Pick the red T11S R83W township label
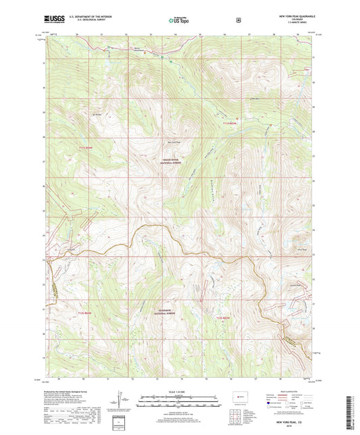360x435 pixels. tap(230, 122)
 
